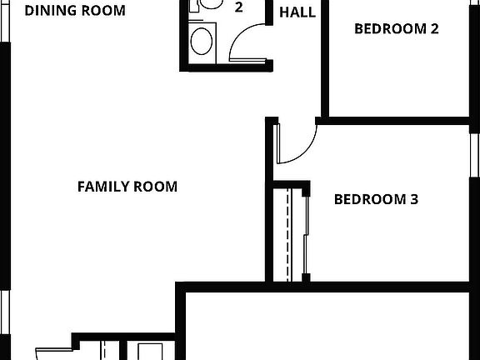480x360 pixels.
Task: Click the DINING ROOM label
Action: (75, 11)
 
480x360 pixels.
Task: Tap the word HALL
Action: (297, 12)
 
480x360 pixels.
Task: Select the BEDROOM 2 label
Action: (397, 29)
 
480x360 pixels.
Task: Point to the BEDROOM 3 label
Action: (376, 200)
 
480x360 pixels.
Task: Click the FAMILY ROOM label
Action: (127, 187)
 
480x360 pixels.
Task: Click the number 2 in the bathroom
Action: (239, 8)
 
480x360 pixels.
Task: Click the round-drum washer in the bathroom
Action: (202, 40)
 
